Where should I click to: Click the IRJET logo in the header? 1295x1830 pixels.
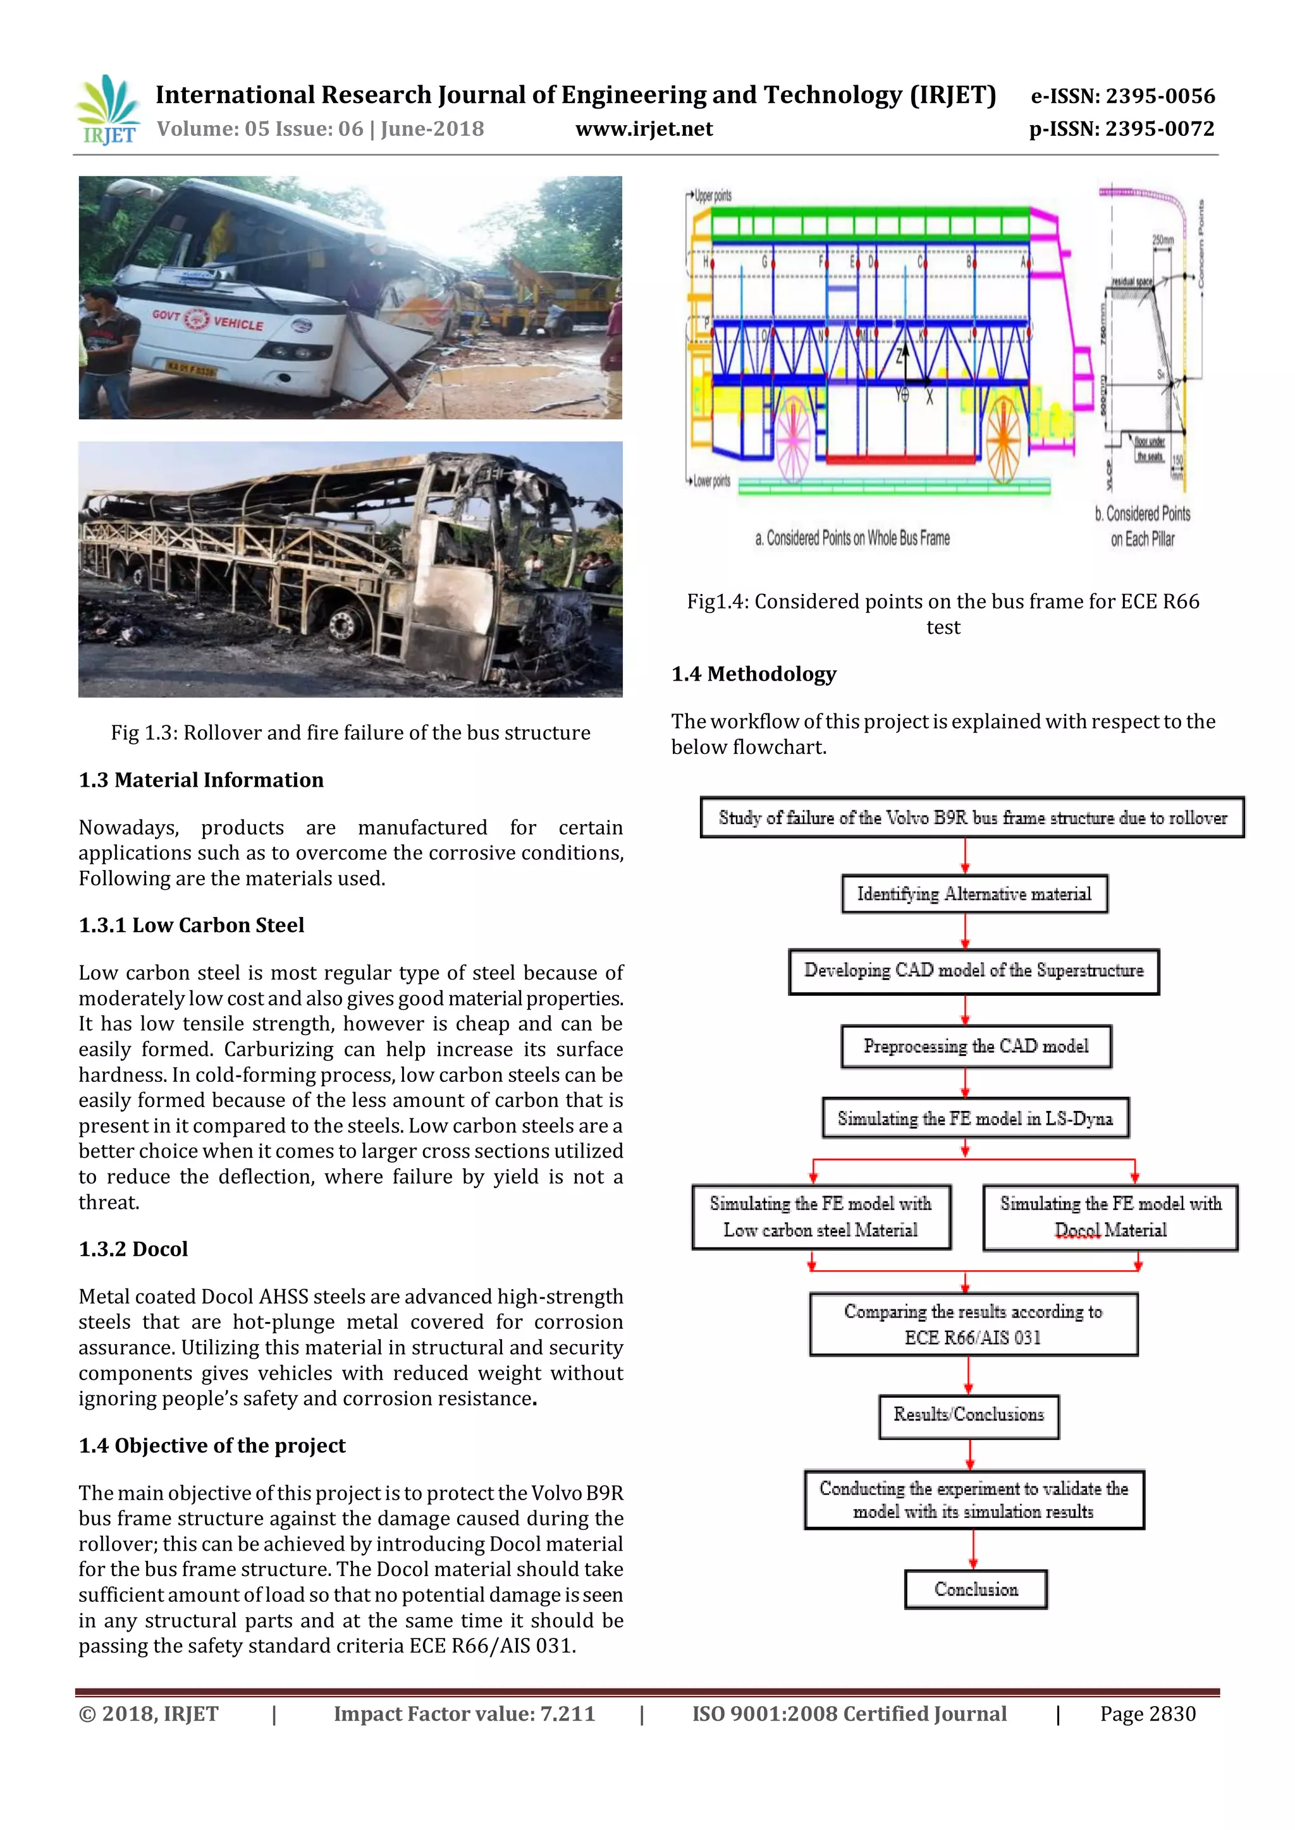click(107, 111)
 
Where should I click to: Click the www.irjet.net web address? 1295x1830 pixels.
click(644, 129)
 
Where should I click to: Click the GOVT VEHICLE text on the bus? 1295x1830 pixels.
click(208, 319)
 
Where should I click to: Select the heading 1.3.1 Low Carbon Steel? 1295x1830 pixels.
click(192, 925)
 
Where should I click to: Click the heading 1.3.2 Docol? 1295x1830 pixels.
click(133, 1249)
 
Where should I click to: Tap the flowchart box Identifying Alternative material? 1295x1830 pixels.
click(974, 894)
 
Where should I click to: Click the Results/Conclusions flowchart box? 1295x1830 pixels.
click(968, 1414)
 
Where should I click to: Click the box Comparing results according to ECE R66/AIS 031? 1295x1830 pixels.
click(973, 1324)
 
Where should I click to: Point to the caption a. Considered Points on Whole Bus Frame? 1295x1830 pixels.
click(852, 539)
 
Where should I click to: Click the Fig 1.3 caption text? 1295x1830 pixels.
click(350, 733)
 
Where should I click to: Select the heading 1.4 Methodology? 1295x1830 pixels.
click(754, 674)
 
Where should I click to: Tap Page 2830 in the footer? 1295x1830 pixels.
click(1148, 1714)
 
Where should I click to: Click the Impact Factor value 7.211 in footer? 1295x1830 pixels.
click(464, 1714)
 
